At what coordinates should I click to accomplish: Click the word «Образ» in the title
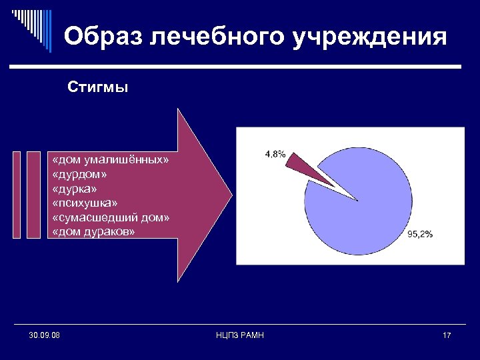103,37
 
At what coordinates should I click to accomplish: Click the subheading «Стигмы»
98,87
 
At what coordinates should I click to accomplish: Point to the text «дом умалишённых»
111,161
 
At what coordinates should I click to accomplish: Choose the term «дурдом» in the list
79,175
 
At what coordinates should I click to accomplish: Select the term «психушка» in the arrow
85,203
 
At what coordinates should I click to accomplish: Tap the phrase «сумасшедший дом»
111,217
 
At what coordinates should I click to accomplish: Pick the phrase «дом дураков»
93,232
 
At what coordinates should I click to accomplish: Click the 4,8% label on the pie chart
275,154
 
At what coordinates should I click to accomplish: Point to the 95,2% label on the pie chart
420,234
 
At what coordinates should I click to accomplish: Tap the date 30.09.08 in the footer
44,335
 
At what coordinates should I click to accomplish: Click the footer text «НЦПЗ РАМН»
240,335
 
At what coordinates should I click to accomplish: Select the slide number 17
446,335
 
